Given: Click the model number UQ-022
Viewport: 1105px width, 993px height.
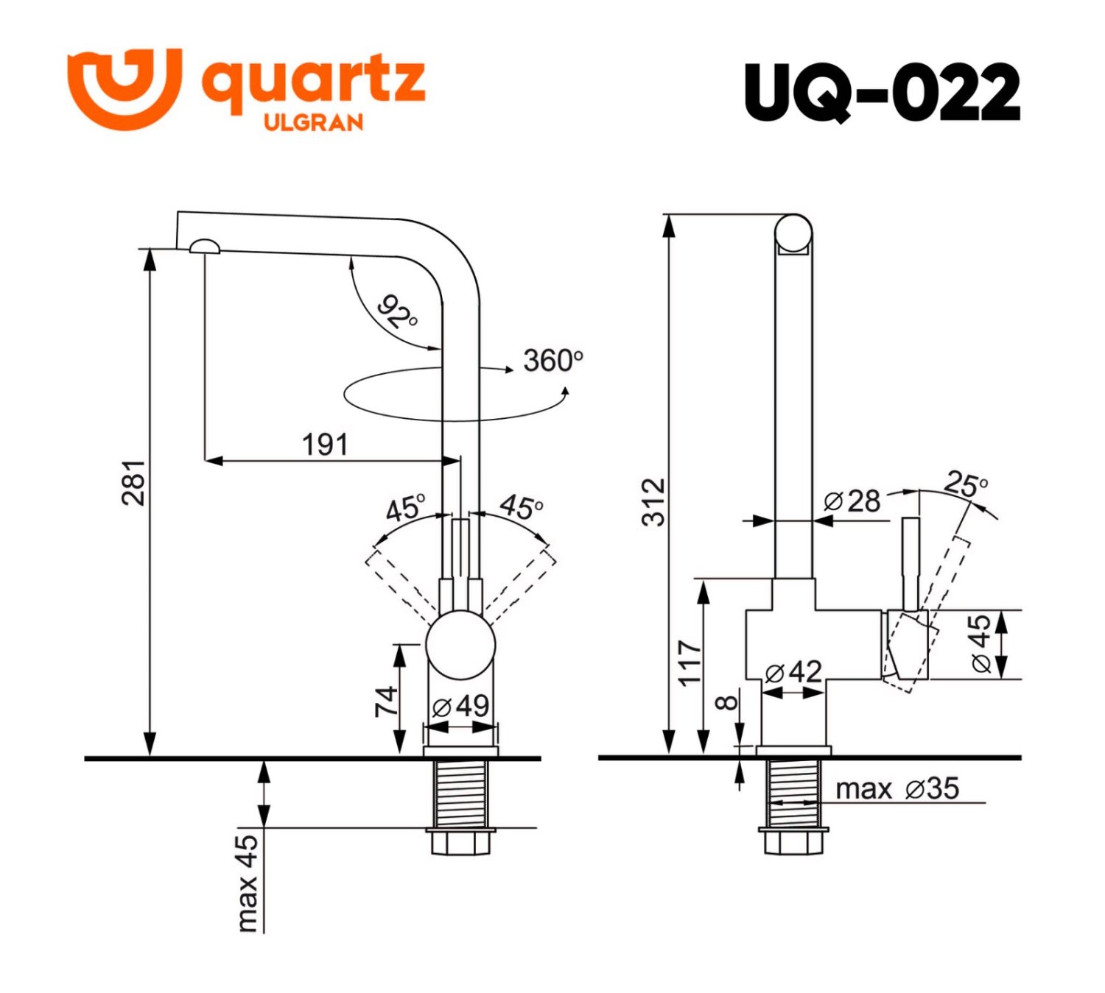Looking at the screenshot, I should tap(882, 92).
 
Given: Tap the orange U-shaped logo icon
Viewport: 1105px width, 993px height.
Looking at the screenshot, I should tap(124, 87).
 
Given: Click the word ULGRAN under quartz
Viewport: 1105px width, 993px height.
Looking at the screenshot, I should tap(313, 122).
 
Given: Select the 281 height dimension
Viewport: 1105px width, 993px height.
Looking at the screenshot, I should tap(133, 483).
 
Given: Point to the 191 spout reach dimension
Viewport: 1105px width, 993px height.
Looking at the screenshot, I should tap(325, 445).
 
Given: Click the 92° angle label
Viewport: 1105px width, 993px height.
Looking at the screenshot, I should tap(397, 312).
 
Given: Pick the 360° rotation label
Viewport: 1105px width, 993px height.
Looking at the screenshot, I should tap(552, 361).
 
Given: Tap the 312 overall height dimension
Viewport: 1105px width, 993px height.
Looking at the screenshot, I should tap(653, 502).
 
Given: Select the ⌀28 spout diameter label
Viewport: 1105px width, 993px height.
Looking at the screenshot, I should tap(852, 501).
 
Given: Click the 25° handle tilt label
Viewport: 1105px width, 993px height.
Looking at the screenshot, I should tap(965, 484).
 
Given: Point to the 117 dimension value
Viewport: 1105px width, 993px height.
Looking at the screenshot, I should tap(690, 663).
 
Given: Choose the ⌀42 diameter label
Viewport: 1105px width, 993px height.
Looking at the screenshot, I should tap(793, 672).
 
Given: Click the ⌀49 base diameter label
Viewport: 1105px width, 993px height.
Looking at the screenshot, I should tap(461, 706).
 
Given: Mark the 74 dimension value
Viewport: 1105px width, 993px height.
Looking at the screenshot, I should tap(386, 701).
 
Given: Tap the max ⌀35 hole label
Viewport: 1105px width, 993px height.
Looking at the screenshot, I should tap(897, 789).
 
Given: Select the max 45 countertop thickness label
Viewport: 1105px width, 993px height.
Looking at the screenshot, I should tap(248, 882).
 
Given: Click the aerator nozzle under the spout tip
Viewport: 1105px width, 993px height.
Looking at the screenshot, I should tap(204, 247).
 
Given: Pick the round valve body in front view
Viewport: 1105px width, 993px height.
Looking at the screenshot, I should tap(460, 646).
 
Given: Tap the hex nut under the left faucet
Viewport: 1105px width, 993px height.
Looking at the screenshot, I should tap(460, 841).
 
